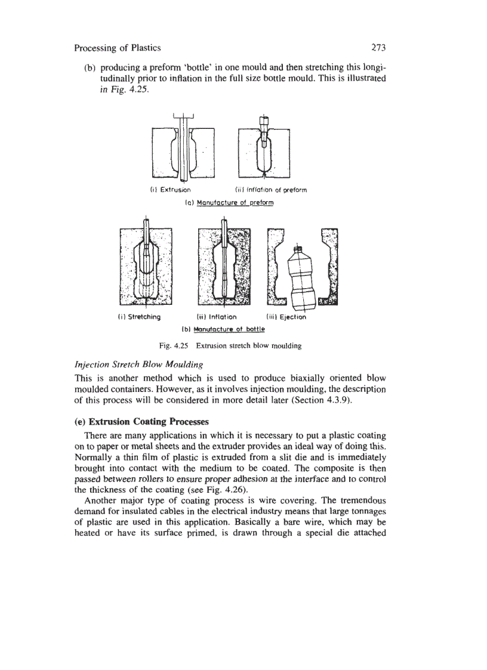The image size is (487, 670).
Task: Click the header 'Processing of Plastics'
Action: [118, 47]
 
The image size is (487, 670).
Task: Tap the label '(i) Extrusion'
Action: [169, 190]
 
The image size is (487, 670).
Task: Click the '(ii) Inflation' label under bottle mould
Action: [217, 317]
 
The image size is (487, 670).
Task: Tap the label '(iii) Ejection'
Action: [286, 317]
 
